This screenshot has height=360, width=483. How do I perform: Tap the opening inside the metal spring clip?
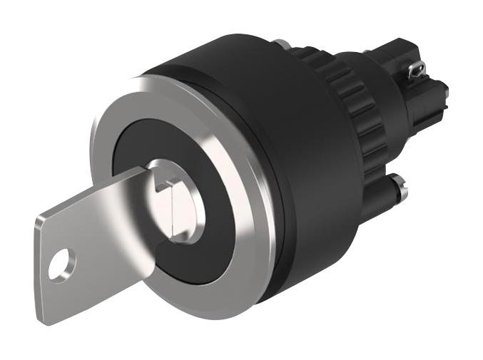(417, 70)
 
